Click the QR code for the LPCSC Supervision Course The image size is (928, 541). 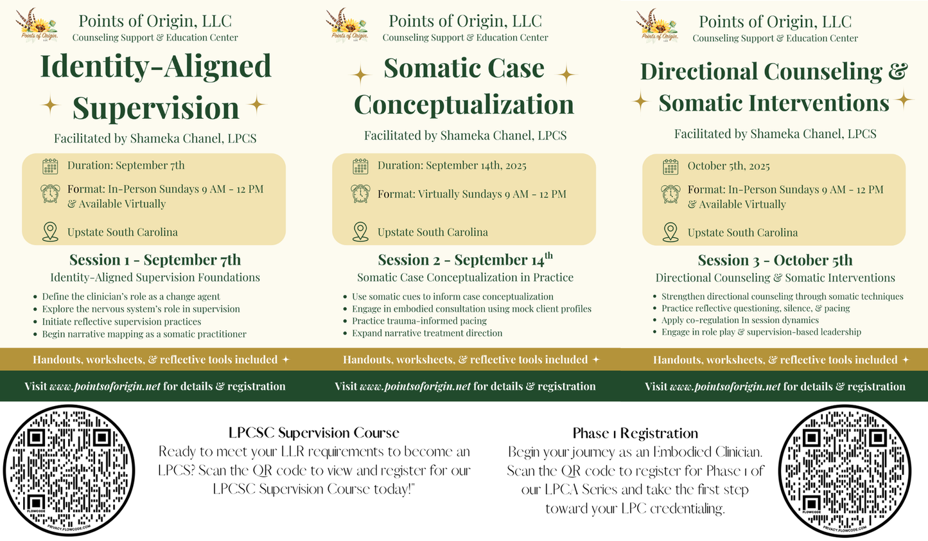69,470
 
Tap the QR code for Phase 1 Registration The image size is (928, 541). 845,470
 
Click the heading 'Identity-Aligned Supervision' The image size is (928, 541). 155,87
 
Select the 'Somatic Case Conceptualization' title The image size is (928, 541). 464,87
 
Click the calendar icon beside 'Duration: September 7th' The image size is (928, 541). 50,166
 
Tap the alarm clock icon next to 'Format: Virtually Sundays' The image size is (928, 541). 360,193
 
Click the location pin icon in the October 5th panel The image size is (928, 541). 670,232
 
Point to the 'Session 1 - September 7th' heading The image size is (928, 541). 155,260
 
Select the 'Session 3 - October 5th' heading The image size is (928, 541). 775,260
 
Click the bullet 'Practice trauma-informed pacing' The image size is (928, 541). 419,321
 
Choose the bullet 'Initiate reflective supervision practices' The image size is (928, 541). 121,321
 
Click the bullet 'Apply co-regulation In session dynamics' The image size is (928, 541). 740,320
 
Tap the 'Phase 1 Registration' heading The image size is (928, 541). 635,434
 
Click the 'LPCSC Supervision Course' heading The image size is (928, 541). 313,433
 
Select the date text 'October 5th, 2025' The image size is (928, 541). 728,166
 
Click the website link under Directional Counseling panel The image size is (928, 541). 725,387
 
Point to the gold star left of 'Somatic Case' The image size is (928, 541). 361,75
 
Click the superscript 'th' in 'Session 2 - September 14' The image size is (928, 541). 548,255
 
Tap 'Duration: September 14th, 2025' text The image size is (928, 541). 451,166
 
